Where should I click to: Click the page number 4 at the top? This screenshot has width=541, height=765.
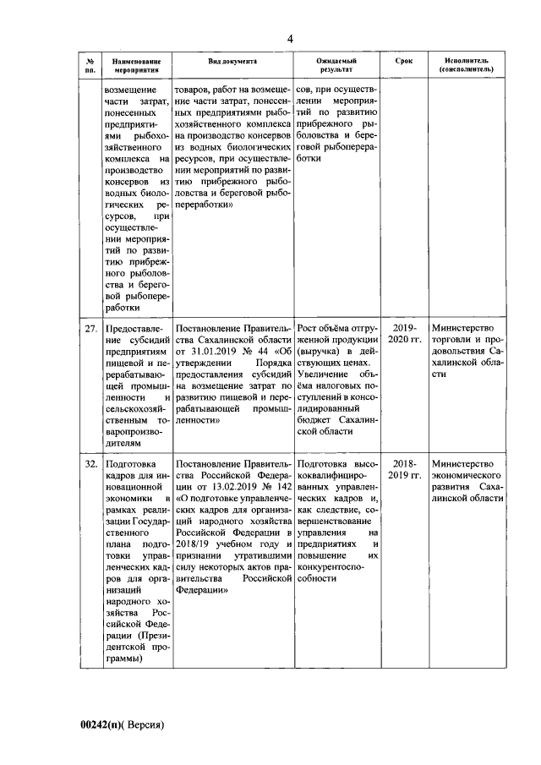point(290,39)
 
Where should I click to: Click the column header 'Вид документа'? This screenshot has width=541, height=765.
point(232,62)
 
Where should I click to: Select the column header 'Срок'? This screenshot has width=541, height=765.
point(403,62)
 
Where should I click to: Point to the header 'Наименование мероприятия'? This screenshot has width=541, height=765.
point(135,66)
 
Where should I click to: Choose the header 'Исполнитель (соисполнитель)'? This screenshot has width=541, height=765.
point(466,66)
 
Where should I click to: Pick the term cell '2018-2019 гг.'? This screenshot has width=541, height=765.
point(403,470)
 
